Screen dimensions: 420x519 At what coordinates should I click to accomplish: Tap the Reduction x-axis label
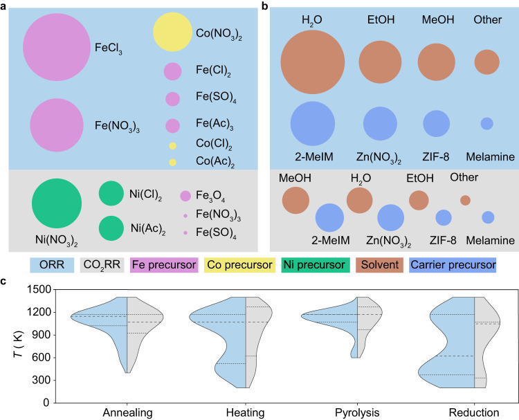pyautogui.click(x=474, y=412)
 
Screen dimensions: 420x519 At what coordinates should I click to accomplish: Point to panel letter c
pyautogui.click(x=5, y=282)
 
